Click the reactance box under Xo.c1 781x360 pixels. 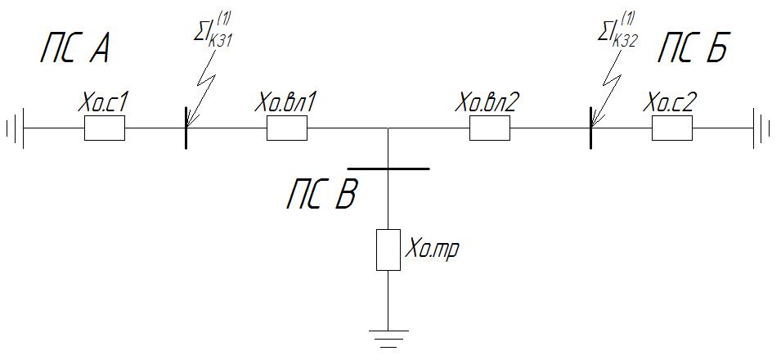click(x=105, y=128)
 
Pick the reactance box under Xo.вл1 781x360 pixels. click(x=287, y=128)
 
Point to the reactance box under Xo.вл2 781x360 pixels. click(x=490, y=128)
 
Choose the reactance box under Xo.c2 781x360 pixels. click(x=672, y=128)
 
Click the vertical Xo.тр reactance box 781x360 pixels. click(x=388, y=250)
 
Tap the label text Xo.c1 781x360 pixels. click(x=103, y=104)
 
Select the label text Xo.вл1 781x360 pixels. click(x=286, y=104)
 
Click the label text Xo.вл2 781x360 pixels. click(x=489, y=104)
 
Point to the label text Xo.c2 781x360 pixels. click(x=671, y=104)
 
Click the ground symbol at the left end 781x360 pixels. click(x=16, y=128)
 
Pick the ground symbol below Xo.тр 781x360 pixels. click(x=388, y=338)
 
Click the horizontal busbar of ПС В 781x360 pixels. click(x=388, y=169)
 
